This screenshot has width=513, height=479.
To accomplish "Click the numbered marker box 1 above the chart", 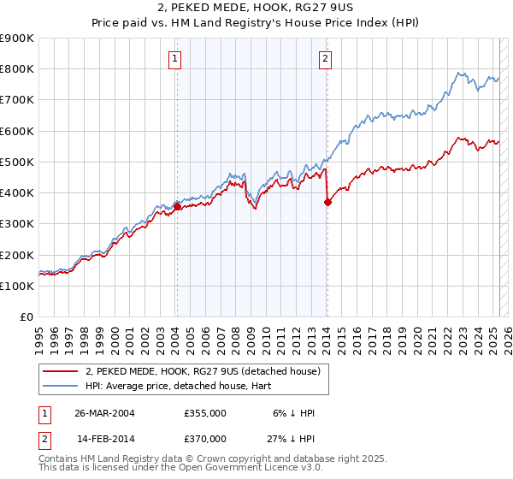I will pos(174,59).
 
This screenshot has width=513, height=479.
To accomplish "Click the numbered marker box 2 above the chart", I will pos(327,59).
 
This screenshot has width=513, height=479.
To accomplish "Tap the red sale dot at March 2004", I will pos(177,206).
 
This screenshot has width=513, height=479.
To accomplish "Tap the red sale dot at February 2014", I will pos(327,202).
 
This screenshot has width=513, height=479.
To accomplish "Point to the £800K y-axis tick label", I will pos(17,68).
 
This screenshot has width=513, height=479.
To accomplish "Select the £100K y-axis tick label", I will pos(17,286).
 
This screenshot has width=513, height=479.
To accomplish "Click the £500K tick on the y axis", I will pos(17,162).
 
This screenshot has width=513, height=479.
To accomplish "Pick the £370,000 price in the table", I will pos(204,438).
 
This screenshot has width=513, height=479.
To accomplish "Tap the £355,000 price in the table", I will pos(204,413).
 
